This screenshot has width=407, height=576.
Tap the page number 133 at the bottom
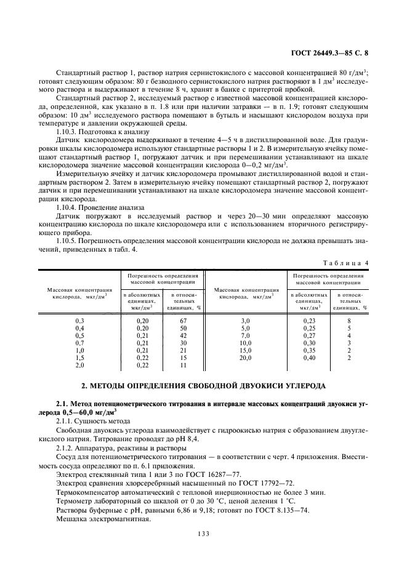tap(203, 534)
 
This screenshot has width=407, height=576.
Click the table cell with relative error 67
tap(183, 321)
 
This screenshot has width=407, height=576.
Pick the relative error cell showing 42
tap(183, 335)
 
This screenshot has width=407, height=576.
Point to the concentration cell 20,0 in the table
tap(245, 357)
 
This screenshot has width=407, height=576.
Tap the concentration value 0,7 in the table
tap(79, 343)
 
